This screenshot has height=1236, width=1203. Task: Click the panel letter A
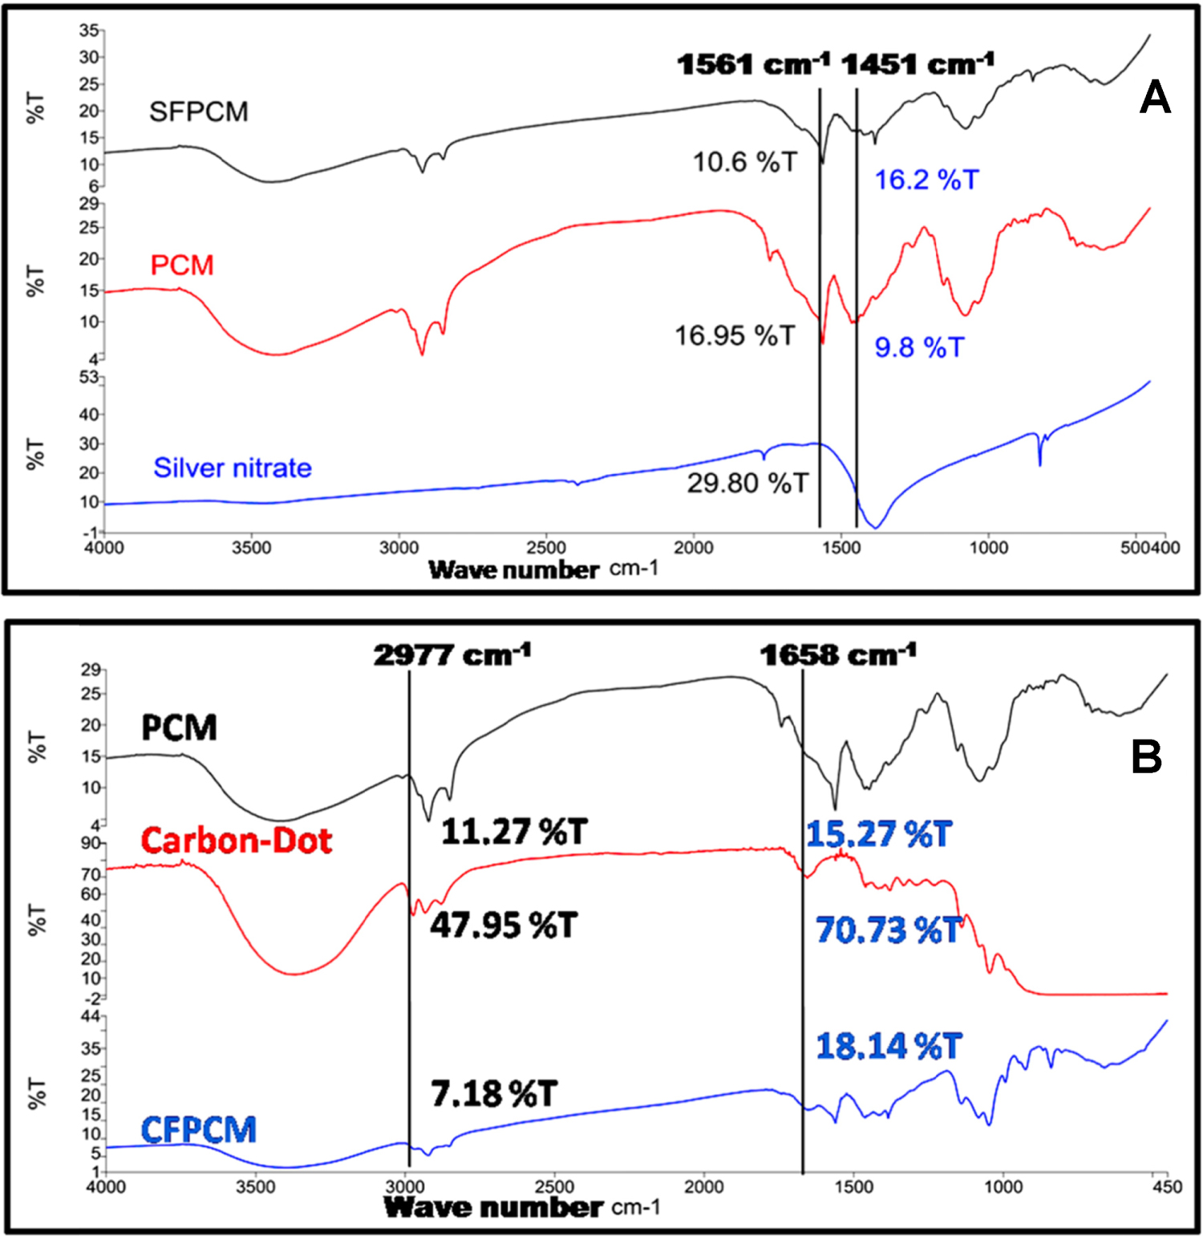pyautogui.click(x=1154, y=99)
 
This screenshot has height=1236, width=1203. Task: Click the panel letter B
pyautogui.click(x=1146, y=757)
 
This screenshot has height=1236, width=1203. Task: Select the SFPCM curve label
pyautogui.click(x=199, y=111)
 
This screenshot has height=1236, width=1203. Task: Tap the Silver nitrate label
pyautogui.click(x=233, y=468)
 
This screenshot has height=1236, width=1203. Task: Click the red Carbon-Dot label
pyautogui.click(x=236, y=841)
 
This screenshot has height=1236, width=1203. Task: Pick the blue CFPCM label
pyautogui.click(x=198, y=1130)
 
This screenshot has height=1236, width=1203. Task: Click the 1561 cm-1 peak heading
pyautogui.click(x=752, y=64)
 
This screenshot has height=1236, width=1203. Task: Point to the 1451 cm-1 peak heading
pyautogui.click(x=917, y=64)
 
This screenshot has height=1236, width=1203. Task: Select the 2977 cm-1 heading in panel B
pyautogui.click(x=452, y=655)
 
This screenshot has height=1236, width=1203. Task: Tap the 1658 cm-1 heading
pyautogui.click(x=837, y=655)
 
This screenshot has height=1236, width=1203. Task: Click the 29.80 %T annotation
pyautogui.click(x=747, y=483)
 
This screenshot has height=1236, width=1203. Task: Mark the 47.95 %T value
pyautogui.click(x=504, y=926)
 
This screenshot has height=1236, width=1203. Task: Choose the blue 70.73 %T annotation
pyautogui.click(x=888, y=930)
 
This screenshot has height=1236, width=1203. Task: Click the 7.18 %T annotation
pyautogui.click(x=493, y=1094)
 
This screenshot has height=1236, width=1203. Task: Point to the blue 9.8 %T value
pyautogui.click(x=919, y=347)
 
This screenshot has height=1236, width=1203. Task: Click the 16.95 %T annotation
pyautogui.click(x=735, y=335)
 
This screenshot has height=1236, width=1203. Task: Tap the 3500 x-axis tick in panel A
pyautogui.click(x=251, y=548)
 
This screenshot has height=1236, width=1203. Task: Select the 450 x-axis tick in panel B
pyautogui.click(x=1166, y=1187)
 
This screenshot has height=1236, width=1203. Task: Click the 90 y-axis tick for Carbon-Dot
pyautogui.click(x=91, y=843)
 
